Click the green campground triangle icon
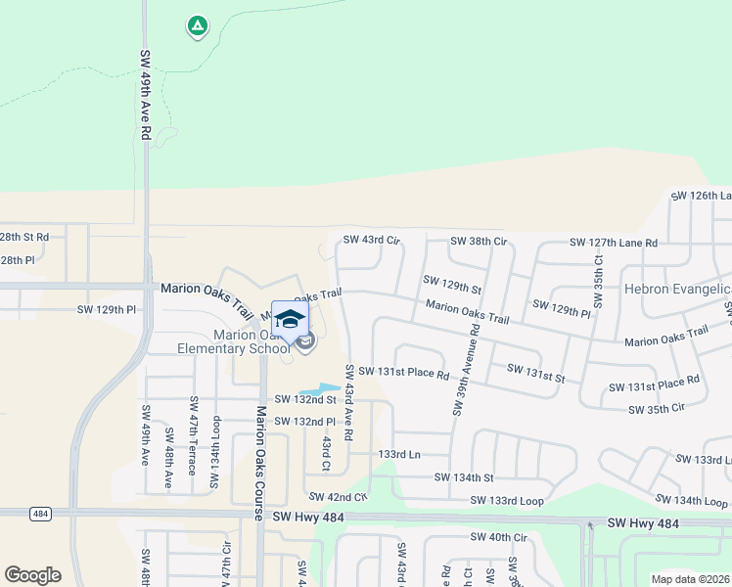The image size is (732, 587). click(198, 26)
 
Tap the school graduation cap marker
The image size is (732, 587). click(290, 319)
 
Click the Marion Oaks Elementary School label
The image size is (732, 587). click(235, 341)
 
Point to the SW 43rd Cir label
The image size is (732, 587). click(372, 240)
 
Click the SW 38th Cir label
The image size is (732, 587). click(479, 241)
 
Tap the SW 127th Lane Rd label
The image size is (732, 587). click(614, 243)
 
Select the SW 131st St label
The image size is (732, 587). click(536, 372)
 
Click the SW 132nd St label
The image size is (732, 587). click(305, 399)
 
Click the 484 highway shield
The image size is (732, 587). click(40, 513)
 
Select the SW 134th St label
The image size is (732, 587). click(465, 477)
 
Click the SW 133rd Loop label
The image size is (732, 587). click(507, 501)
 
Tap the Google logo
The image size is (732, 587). click(32, 575)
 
